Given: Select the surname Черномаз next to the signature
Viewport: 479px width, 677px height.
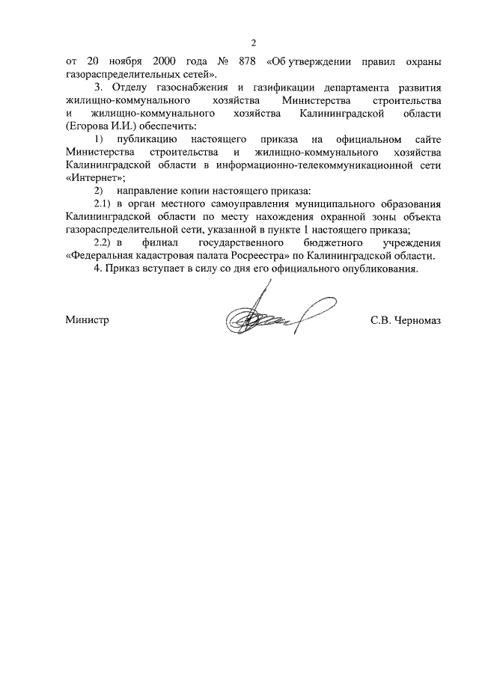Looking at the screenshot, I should (415, 319).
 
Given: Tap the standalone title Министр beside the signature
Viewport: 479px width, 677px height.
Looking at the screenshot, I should (87, 319).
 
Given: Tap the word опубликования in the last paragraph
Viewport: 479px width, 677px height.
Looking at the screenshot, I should (379, 269).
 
